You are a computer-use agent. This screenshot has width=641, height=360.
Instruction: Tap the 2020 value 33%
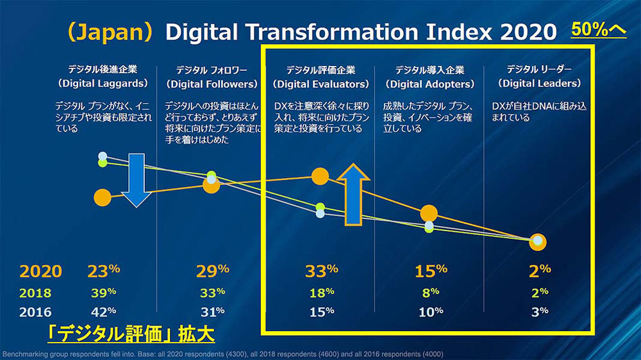pos(321,271)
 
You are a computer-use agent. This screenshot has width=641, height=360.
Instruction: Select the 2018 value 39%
pos(103,292)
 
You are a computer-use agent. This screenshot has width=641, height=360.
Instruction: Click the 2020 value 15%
pos(431,271)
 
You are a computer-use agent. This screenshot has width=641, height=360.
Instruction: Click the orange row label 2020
pos(41,272)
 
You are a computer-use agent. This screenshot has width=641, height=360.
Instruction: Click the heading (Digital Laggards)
pos(103,84)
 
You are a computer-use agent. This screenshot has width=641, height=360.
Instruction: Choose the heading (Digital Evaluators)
pos(321,84)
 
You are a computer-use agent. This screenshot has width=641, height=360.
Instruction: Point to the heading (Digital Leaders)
pos(539,83)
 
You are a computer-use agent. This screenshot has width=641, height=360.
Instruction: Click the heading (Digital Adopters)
pos(430,84)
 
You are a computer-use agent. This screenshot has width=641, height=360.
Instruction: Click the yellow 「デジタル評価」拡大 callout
pos(131,335)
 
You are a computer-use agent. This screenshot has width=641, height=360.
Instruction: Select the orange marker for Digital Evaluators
pos(320,176)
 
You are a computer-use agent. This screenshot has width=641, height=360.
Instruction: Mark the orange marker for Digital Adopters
pos(429,214)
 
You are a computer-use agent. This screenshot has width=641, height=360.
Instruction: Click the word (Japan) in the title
pos(113,32)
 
